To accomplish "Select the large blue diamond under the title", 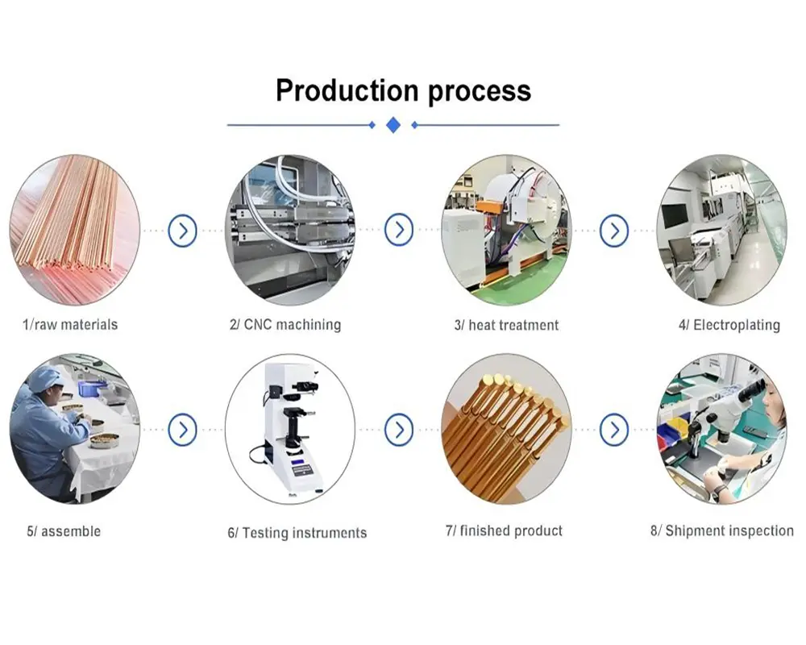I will pos(393,125).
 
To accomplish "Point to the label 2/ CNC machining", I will pos(285,325).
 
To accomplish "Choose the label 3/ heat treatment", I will pos(506,326).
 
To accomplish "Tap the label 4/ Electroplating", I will pos(729,326).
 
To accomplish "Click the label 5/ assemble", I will pos(64,531).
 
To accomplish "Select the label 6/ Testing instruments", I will pos(297,533).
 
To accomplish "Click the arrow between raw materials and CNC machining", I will pos(183,231).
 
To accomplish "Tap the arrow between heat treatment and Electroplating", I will pos(614,231).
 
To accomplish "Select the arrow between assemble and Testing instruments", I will pos(183,429).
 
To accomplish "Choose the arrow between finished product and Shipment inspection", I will pos(614,429).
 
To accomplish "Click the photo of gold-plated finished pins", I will pos(506,429).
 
